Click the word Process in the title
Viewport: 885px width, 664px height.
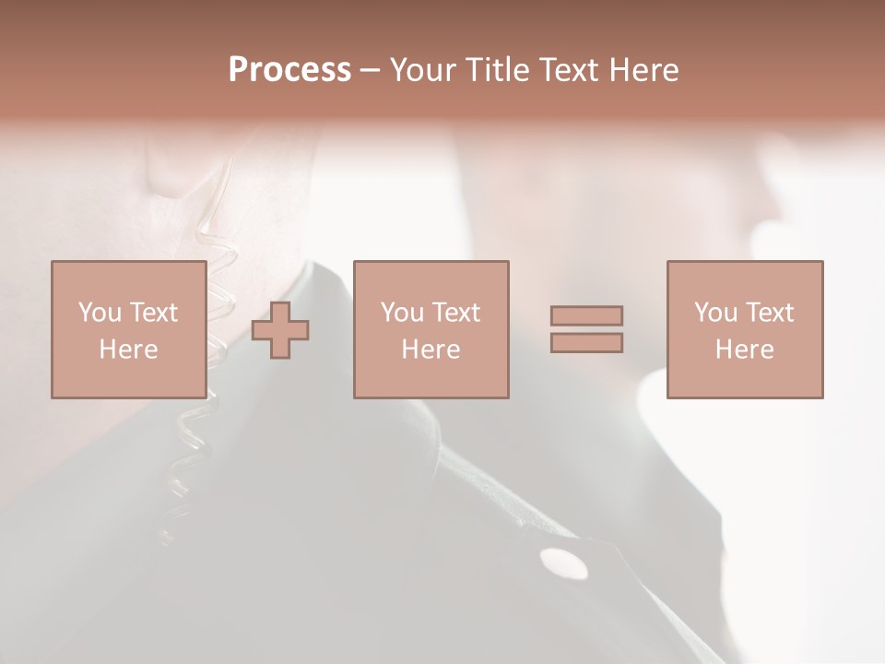pyautogui.click(x=289, y=70)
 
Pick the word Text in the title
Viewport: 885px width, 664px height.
pyautogui.click(x=568, y=70)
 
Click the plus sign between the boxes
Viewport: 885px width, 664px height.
pyautogui.click(x=280, y=329)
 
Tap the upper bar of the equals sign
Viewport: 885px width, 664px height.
pyautogui.click(x=586, y=315)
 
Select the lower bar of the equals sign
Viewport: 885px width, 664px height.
pyautogui.click(x=586, y=343)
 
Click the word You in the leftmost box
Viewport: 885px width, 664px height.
pyautogui.click(x=100, y=313)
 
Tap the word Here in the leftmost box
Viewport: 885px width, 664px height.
pyautogui.click(x=128, y=350)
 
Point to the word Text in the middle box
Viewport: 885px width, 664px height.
pyautogui.click(x=456, y=313)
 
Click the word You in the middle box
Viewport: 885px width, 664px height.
pyautogui.click(x=402, y=313)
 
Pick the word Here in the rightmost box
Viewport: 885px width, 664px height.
pyautogui.click(x=744, y=350)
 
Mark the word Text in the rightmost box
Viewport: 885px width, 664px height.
pyautogui.click(x=770, y=313)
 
